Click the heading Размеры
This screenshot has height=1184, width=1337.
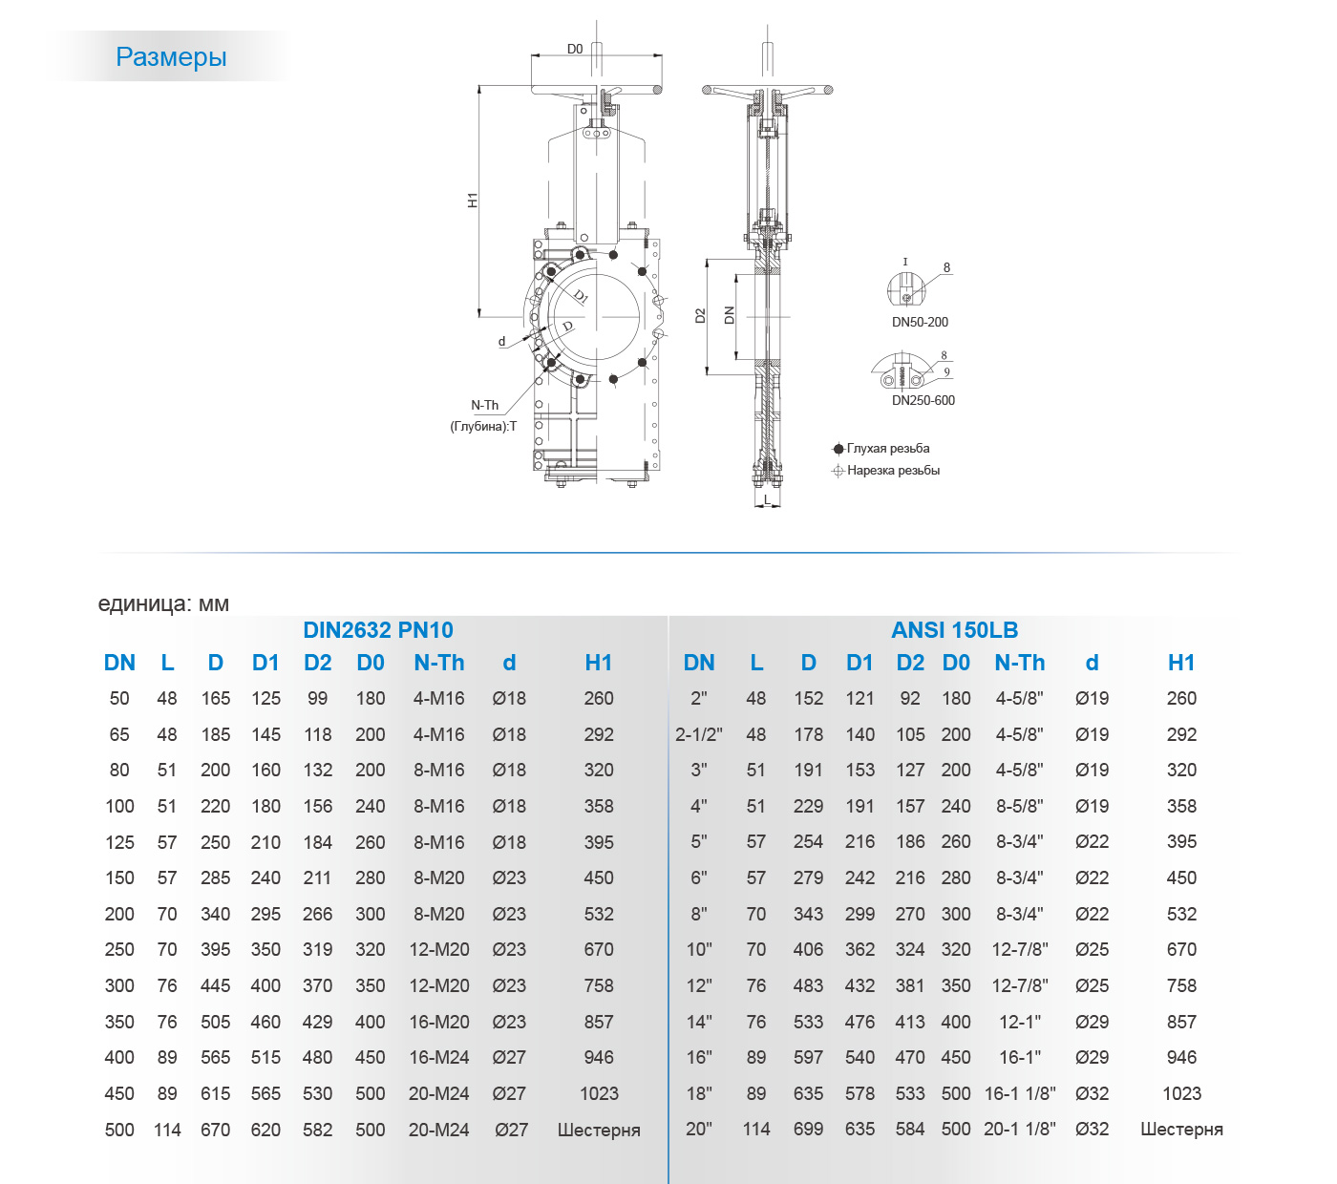tap(171, 57)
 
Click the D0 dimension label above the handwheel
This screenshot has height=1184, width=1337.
tap(575, 49)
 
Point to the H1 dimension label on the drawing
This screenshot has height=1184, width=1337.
tap(473, 201)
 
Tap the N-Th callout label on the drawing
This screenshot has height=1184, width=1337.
tap(484, 405)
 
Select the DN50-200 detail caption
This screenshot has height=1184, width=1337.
tap(920, 322)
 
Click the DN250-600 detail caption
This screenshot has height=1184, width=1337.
tap(923, 400)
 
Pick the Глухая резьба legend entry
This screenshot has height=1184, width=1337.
tap(887, 448)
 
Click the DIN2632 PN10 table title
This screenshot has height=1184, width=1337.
tap(378, 630)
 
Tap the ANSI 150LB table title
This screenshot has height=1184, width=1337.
tap(954, 630)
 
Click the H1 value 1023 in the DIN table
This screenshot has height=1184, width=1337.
tap(599, 1093)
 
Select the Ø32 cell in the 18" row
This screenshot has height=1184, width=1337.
tap(1092, 1093)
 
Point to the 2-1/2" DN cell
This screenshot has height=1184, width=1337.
tap(699, 734)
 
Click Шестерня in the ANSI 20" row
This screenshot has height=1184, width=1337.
tap(1181, 1130)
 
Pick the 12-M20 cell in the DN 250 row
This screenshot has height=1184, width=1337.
tap(439, 949)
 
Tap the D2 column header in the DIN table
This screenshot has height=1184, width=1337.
tap(317, 663)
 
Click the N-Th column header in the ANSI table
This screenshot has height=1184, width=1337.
tap(1019, 663)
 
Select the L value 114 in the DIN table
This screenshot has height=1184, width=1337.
tap(167, 1130)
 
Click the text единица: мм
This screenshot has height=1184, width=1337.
tap(163, 603)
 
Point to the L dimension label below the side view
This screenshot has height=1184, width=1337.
tap(767, 499)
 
